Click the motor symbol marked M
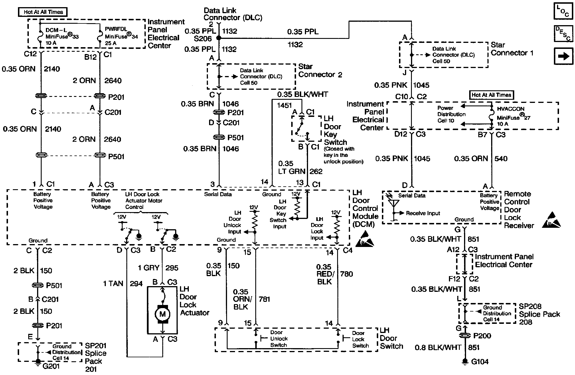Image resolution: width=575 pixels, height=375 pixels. (x=162, y=314)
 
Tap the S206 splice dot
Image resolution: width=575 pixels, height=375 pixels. (x=219, y=38)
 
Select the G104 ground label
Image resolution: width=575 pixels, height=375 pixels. (x=480, y=362)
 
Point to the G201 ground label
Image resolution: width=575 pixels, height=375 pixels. (x=51, y=366)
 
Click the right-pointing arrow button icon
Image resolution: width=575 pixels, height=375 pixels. (x=563, y=56)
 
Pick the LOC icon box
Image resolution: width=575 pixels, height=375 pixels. (x=563, y=11)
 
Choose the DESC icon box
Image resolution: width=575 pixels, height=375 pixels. (x=563, y=34)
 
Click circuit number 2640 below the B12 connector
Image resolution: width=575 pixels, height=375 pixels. (x=113, y=81)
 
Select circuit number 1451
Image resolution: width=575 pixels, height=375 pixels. (x=284, y=105)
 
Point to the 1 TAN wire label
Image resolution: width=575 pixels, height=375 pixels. (x=113, y=284)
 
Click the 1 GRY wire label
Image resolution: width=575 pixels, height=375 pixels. (x=148, y=268)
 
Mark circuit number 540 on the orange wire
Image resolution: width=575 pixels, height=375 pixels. (x=501, y=159)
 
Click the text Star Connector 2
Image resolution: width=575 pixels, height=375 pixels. (x=320, y=71)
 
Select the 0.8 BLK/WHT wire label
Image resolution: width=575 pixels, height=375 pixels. (x=438, y=348)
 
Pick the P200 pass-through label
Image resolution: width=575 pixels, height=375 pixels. (x=482, y=336)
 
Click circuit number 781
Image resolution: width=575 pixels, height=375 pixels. (x=264, y=299)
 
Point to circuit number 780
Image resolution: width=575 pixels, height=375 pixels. (x=347, y=274)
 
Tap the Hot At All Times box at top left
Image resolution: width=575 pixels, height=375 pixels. (x=43, y=12)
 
